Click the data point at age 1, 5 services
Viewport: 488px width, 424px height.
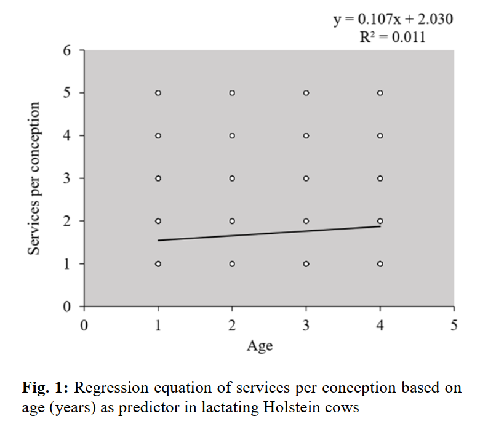tap(158, 93)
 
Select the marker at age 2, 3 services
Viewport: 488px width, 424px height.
tap(232, 178)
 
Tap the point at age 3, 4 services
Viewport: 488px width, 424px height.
tap(306, 135)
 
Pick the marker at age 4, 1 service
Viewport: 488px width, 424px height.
tap(380, 264)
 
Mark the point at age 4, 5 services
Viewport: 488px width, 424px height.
tap(380, 93)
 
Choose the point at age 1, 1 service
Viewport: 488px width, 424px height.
tap(158, 264)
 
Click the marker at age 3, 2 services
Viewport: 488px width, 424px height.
tap(306, 221)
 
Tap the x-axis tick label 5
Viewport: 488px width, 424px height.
tap(454, 326)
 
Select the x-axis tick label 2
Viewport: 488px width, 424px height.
tap(232, 326)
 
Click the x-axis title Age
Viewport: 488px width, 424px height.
tap(260, 346)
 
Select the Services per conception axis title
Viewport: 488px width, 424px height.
tap(35, 178)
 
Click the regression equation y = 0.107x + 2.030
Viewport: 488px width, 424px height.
tap(393, 20)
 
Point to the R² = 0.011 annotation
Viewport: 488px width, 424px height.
tap(393, 37)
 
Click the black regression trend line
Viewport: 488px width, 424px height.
tap(269, 233)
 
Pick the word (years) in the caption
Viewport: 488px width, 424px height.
tap(68, 407)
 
